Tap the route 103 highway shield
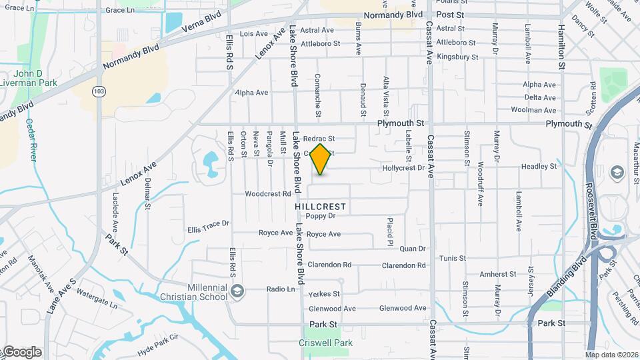(99, 91)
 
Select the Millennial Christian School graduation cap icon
(237, 290)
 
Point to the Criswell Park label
(325, 343)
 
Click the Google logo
(21, 352)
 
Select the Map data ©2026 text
(611, 355)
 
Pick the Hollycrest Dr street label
(403, 168)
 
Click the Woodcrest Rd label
(268, 194)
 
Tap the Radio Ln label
(281, 289)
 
